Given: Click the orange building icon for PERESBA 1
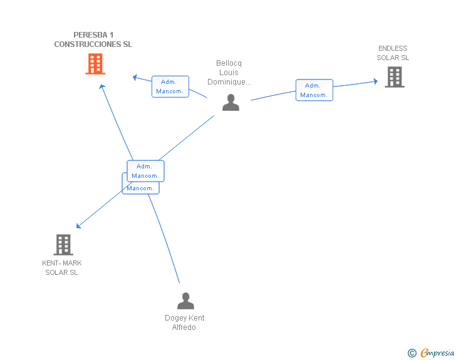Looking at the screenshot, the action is (95, 64).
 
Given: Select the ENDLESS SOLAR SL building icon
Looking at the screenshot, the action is (395, 77).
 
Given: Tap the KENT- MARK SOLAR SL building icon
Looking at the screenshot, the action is (63, 245).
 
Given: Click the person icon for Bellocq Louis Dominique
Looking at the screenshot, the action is (231, 102).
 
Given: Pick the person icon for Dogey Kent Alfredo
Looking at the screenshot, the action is (185, 301).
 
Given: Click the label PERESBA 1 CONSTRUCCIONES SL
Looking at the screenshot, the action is (93, 39).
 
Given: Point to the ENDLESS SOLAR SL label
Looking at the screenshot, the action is (393, 53).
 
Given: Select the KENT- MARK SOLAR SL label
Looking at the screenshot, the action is (61, 267).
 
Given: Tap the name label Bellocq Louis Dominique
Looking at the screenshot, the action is (229, 73).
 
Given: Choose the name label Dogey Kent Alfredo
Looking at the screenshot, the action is (184, 322).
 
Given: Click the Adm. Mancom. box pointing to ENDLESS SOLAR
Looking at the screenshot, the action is (314, 90).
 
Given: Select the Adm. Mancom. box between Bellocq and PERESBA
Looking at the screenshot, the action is (170, 86).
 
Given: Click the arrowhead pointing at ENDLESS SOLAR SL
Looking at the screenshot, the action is (376, 81).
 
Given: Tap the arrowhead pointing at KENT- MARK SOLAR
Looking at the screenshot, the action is (78, 226).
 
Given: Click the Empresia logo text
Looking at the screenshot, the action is (437, 352).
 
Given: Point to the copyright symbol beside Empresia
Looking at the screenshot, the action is (412, 353).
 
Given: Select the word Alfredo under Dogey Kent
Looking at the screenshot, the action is (184, 327).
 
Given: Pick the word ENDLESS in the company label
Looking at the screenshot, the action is (393, 48).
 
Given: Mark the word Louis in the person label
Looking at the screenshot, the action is (229, 73).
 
